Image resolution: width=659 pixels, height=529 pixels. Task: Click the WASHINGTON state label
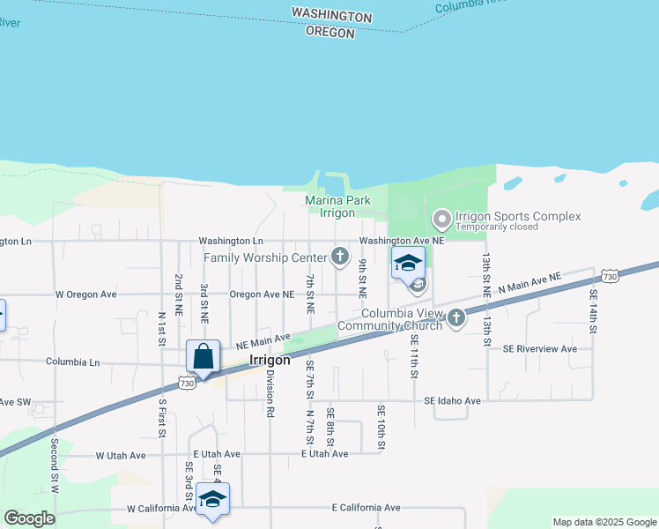coord(331,16)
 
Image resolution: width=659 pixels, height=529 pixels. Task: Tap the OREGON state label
coord(329,33)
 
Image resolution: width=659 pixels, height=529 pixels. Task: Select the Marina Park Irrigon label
coord(337,207)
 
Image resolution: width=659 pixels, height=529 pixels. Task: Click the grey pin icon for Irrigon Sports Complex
coord(441,217)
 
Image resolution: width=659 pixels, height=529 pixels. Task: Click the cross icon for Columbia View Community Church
coord(456,318)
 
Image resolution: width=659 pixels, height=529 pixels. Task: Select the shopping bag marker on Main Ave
coord(203,357)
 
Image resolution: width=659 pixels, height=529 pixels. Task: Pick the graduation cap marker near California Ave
coord(212,499)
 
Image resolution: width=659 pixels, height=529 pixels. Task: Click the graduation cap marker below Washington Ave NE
coord(408,263)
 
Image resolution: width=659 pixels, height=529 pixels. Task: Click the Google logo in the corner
coord(29,518)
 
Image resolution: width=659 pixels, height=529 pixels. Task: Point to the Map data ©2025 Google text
coord(604,522)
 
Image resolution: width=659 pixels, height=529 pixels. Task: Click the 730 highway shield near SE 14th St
coord(610,276)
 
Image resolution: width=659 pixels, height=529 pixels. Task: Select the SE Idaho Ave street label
coord(452,401)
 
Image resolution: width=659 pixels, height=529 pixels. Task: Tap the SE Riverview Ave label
coord(540,348)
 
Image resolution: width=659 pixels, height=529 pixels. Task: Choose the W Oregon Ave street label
coord(86,294)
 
